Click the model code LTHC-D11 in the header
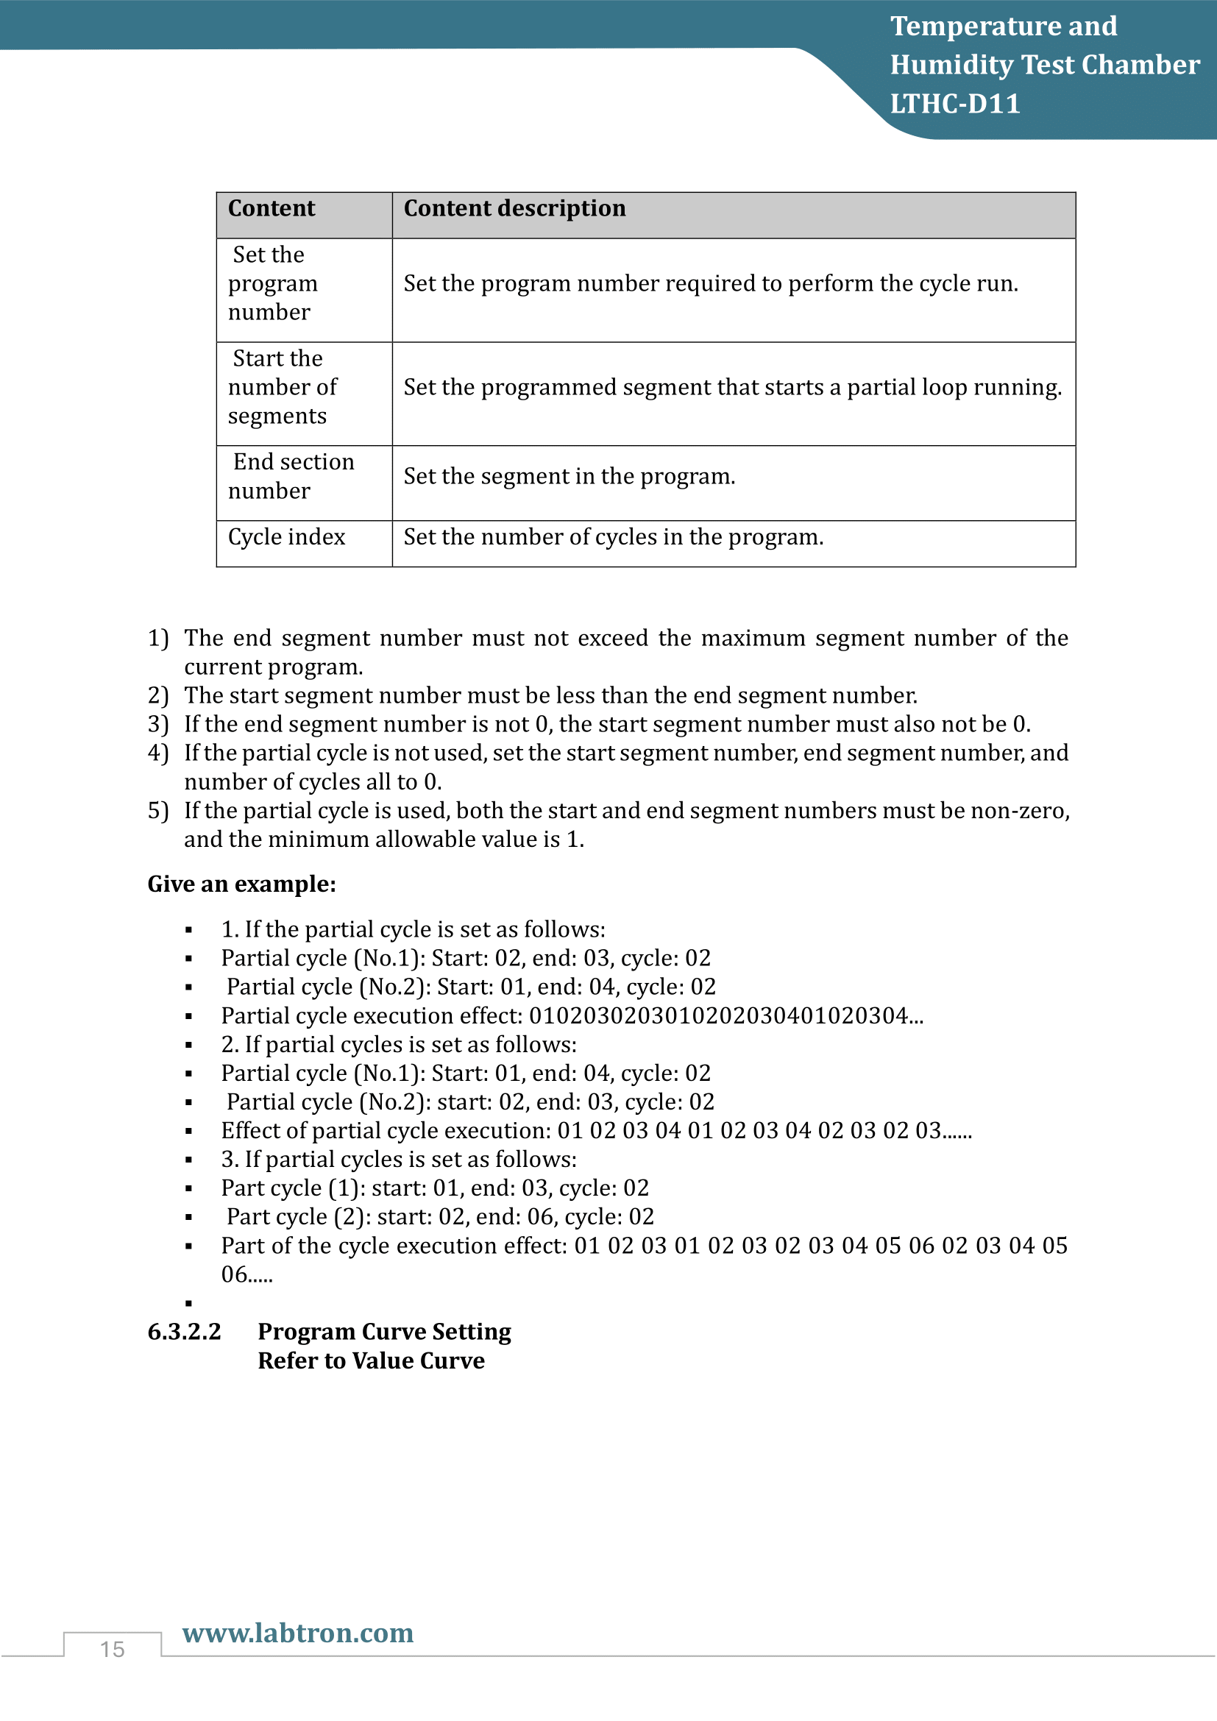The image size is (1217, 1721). (x=955, y=104)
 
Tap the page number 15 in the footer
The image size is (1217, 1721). (x=113, y=1649)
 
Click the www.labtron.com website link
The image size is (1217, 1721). (x=297, y=1633)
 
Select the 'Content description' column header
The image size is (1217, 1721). (x=514, y=208)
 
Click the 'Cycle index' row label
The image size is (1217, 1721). (x=286, y=536)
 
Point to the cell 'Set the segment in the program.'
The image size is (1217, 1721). (x=569, y=476)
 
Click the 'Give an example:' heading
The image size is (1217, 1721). (x=241, y=884)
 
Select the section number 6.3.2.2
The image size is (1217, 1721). (x=185, y=1331)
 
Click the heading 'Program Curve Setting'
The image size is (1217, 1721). (x=383, y=1331)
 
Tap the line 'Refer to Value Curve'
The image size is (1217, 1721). (x=371, y=1360)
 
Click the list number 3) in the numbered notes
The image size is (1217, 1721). (x=157, y=724)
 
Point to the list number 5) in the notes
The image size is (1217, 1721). (x=157, y=810)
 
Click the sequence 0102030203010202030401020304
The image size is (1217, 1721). (x=719, y=1015)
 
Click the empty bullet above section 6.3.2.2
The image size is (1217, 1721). (x=189, y=1304)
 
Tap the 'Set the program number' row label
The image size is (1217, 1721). (x=273, y=283)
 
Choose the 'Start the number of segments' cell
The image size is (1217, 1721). (x=282, y=387)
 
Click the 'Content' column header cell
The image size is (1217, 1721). (x=272, y=208)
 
